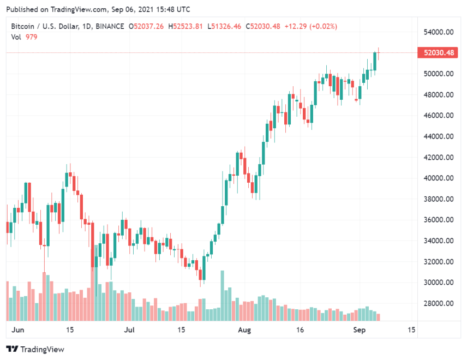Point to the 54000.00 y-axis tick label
pos(439,32)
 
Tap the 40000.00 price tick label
pos(439,178)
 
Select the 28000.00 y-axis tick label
pos(439,304)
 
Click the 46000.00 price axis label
pos(439,116)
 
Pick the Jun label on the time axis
pos(18,330)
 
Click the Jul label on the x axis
pos(129,330)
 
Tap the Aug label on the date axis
pos(245,330)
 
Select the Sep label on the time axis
pos(359,330)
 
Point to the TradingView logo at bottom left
pos(35,349)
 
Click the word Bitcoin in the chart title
pos(23,26)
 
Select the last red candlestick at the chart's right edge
pos(379,53)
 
